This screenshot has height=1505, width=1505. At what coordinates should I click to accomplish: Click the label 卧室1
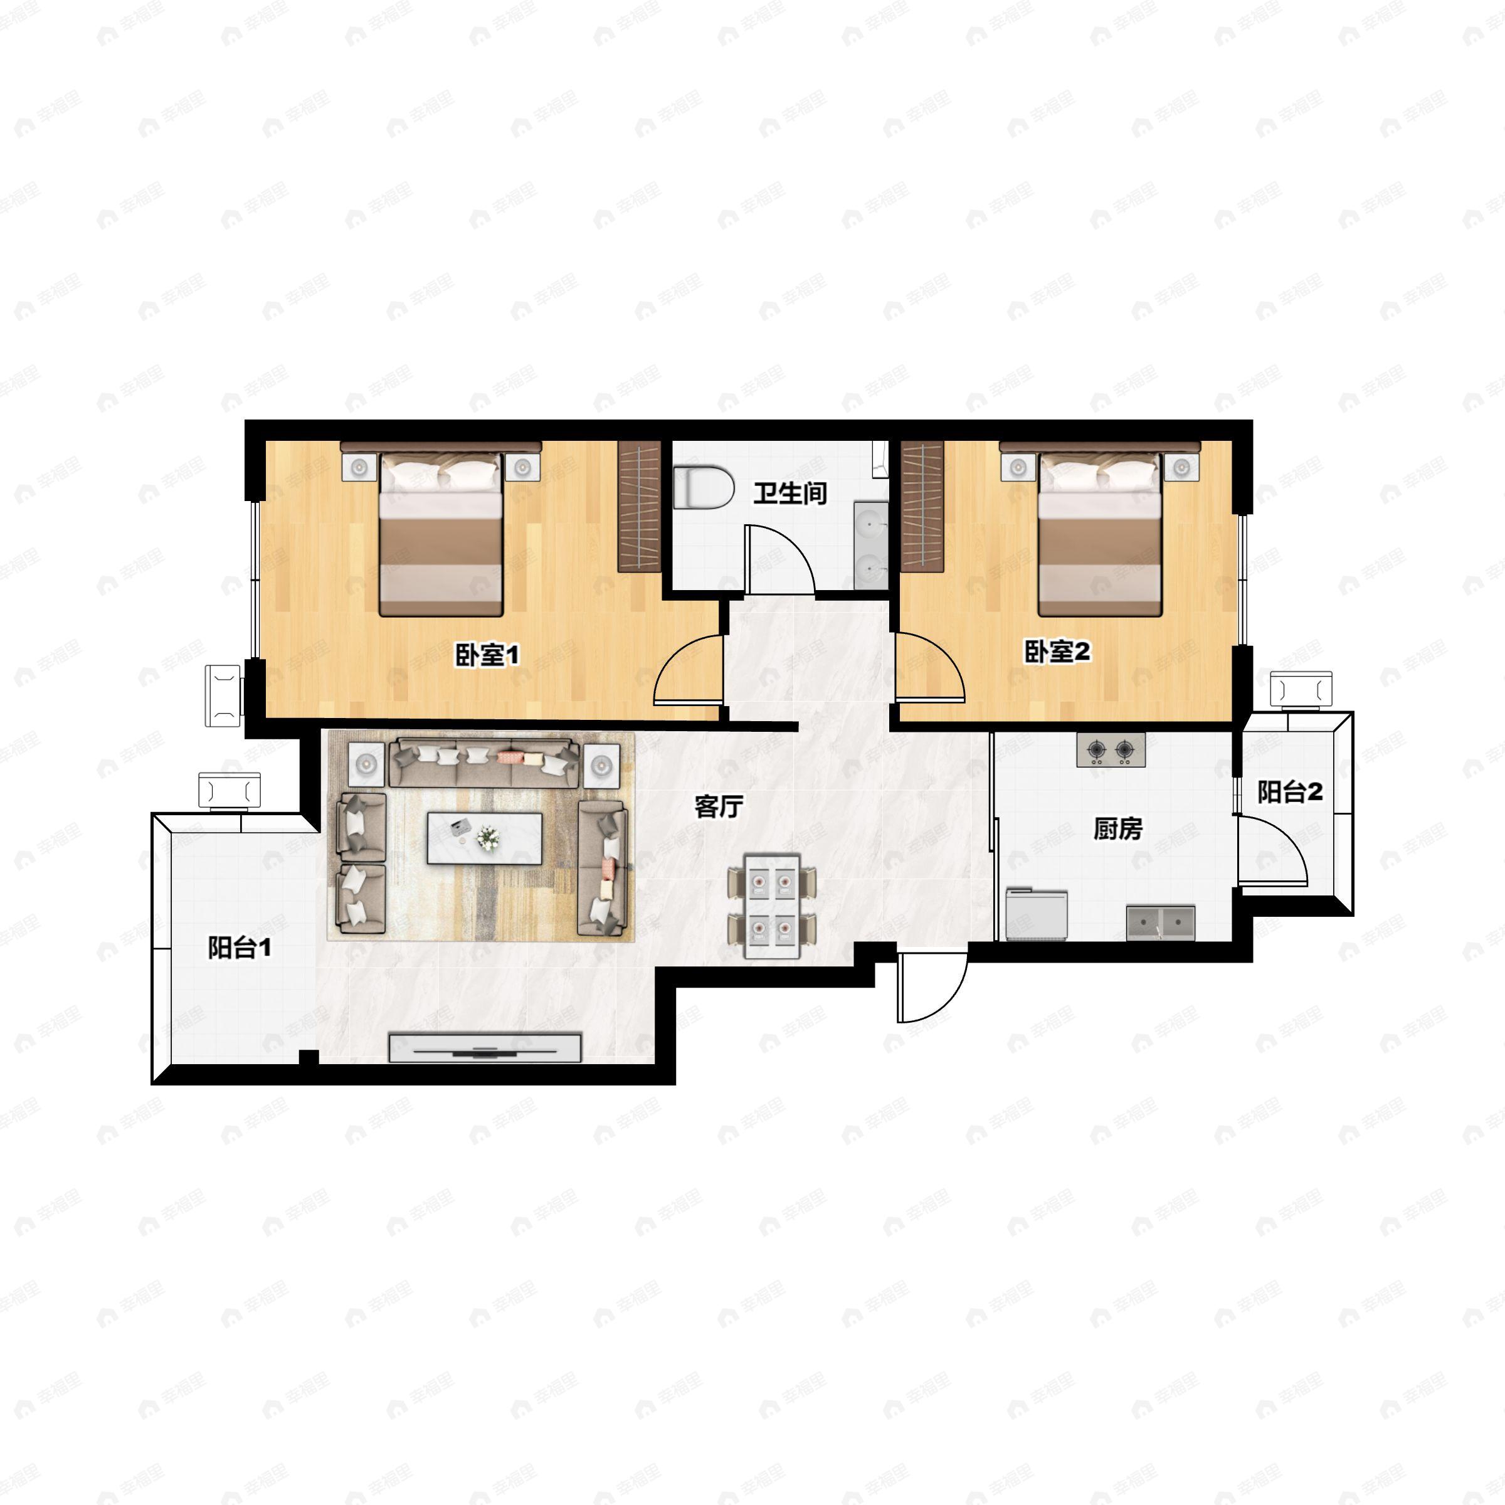(487, 654)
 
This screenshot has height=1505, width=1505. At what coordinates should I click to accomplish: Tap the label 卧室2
(1057, 652)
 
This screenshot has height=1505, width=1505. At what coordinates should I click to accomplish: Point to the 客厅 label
(718, 807)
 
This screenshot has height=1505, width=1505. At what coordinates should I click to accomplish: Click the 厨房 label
(1118, 829)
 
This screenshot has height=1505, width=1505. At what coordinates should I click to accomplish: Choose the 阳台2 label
(1290, 792)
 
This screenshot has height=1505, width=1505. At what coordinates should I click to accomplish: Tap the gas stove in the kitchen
(1111, 750)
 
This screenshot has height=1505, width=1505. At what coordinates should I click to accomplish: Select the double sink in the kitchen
(1160, 922)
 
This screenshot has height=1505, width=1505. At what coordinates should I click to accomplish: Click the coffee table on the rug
(485, 838)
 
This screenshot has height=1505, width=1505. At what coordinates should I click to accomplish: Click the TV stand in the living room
(485, 1048)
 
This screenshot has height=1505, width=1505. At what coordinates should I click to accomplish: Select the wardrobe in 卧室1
(639, 506)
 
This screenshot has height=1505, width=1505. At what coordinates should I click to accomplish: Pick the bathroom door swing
(779, 559)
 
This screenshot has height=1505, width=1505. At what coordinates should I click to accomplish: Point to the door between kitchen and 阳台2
(1270, 849)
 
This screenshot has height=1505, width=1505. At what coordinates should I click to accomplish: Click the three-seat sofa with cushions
(483, 761)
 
